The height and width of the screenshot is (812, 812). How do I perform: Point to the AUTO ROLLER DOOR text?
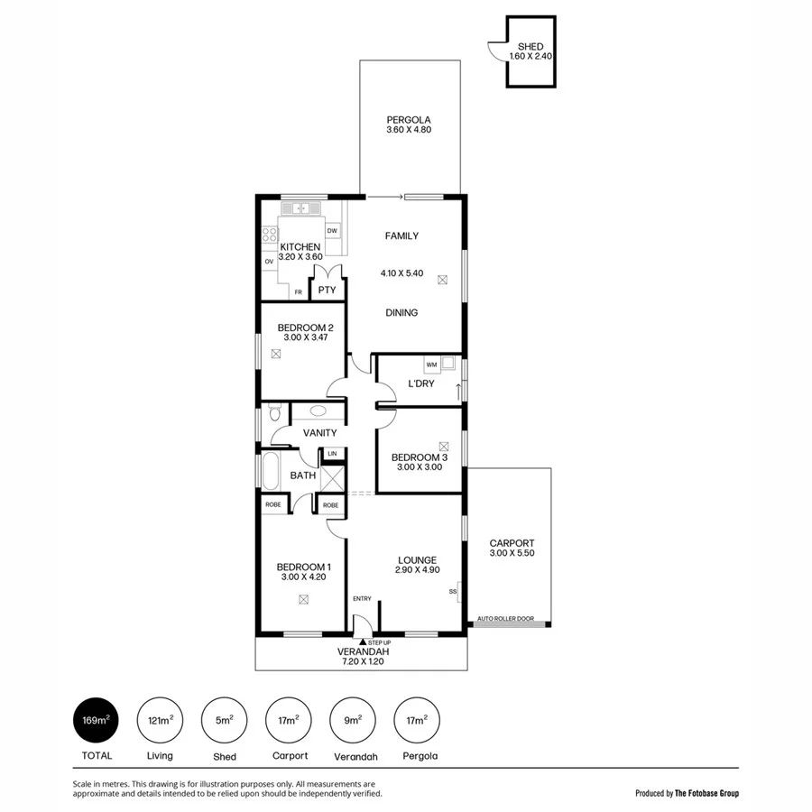[x=505, y=620]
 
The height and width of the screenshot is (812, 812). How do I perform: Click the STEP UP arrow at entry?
[x=363, y=641]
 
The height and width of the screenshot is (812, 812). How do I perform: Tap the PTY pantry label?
[x=327, y=291]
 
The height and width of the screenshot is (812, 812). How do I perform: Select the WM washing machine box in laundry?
[x=431, y=364]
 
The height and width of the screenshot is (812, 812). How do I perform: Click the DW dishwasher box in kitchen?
[x=332, y=231]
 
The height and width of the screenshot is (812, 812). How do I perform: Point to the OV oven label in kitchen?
[x=269, y=262]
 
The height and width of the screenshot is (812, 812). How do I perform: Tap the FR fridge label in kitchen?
[x=298, y=292]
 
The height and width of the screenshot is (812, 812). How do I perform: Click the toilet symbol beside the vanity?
[x=275, y=413]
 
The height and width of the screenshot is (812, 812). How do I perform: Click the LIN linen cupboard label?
[x=332, y=454]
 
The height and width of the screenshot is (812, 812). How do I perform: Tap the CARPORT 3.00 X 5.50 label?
[x=512, y=549]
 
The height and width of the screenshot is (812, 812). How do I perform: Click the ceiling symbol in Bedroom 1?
[x=303, y=599]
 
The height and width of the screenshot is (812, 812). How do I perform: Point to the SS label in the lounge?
[x=452, y=592]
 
